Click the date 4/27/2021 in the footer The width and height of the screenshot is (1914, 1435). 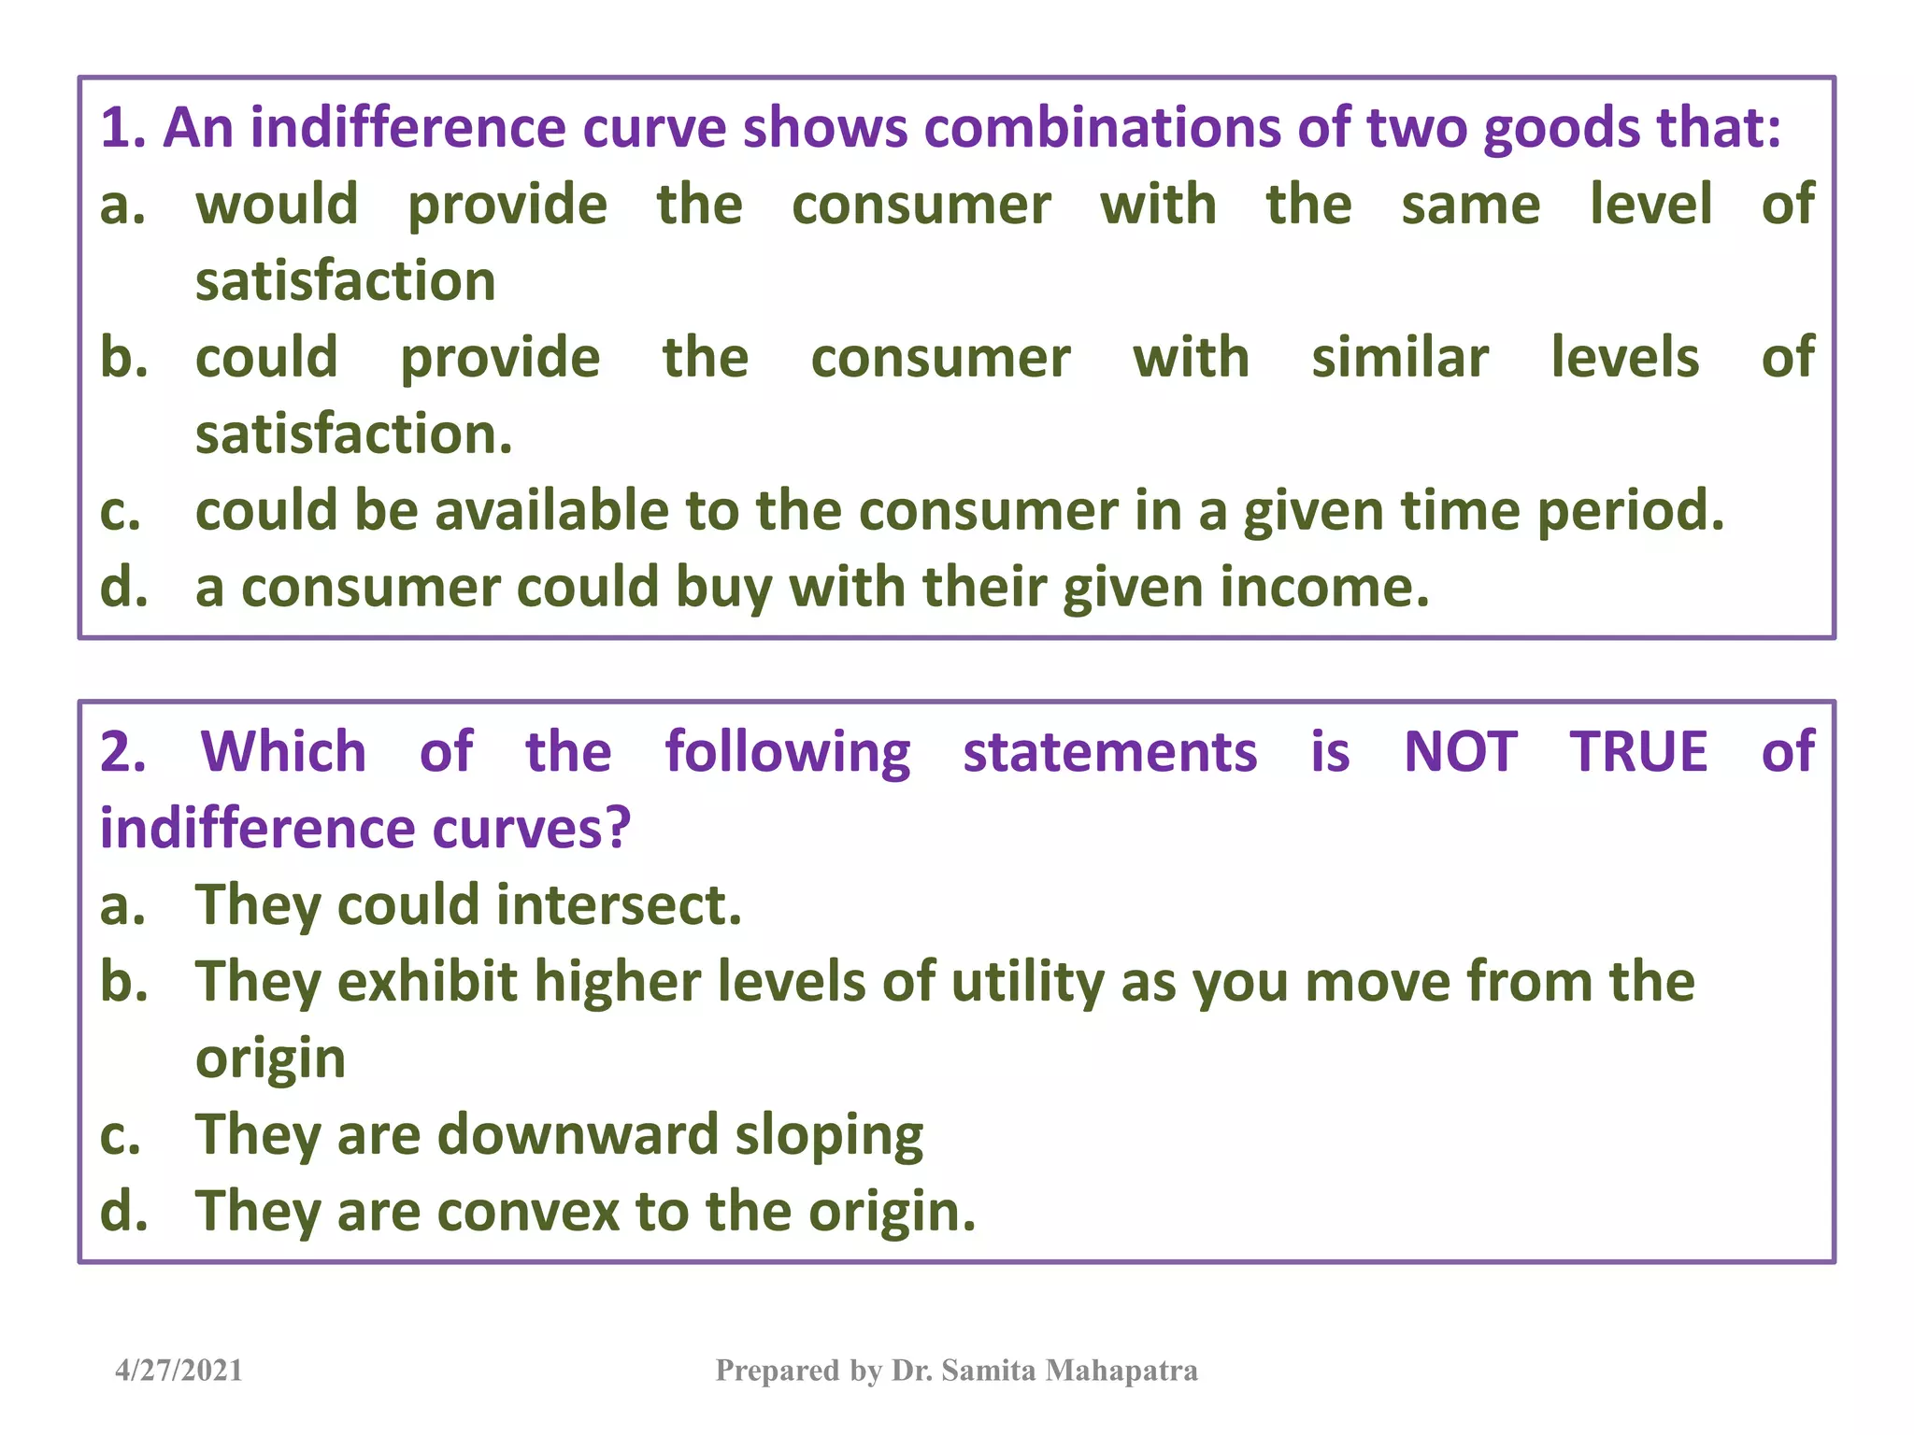[179, 1371]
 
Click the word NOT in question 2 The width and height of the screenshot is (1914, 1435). [1460, 751]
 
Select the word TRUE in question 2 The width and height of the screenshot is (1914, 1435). [1638, 751]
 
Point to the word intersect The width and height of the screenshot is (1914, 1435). [618, 904]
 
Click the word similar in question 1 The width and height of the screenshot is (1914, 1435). [1399, 358]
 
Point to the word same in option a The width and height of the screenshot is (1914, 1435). [1470, 205]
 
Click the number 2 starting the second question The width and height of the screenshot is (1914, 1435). [121, 751]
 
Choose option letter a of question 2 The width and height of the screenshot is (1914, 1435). [122, 904]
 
